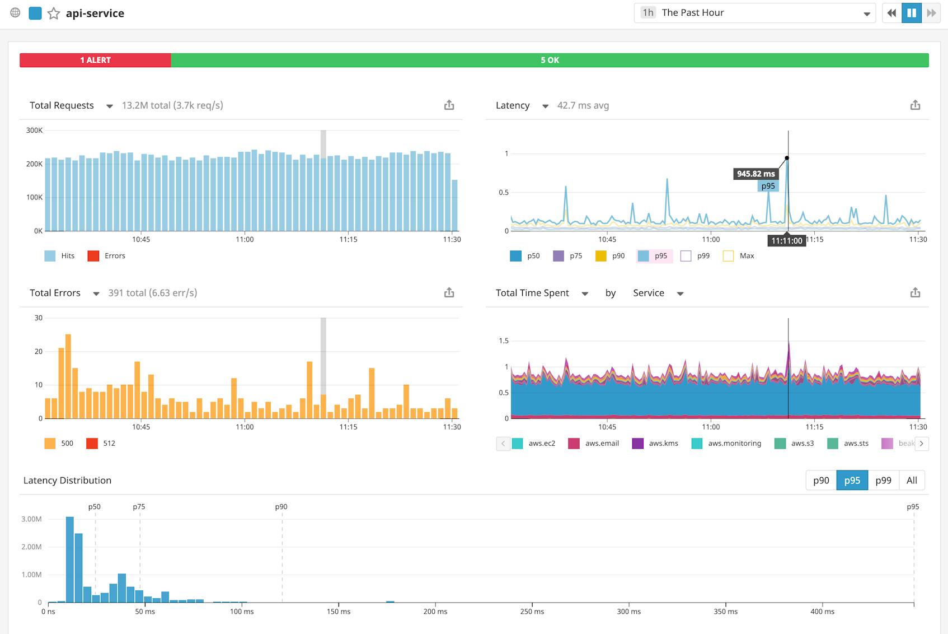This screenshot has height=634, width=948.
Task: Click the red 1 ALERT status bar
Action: click(x=95, y=60)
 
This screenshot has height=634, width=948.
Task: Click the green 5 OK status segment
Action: click(x=550, y=60)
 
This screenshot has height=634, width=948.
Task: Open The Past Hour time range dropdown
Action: click(x=754, y=13)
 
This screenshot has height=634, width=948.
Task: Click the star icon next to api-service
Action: click(x=54, y=13)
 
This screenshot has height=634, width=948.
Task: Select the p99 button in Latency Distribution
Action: click(x=883, y=480)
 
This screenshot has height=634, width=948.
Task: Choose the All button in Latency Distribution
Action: click(x=912, y=480)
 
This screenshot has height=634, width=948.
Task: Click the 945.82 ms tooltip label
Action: click(x=755, y=174)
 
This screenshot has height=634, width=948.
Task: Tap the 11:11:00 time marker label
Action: click(x=786, y=241)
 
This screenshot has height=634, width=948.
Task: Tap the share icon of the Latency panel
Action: click(x=915, y=105)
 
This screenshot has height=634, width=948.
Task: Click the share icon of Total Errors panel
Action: click(x=449, y=293)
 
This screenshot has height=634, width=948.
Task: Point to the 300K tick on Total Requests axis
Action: click(x=35, y=130)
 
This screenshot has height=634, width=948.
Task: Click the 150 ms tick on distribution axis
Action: click(x=339, y=612)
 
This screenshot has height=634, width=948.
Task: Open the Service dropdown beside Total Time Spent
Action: click(x=658, y=293)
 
